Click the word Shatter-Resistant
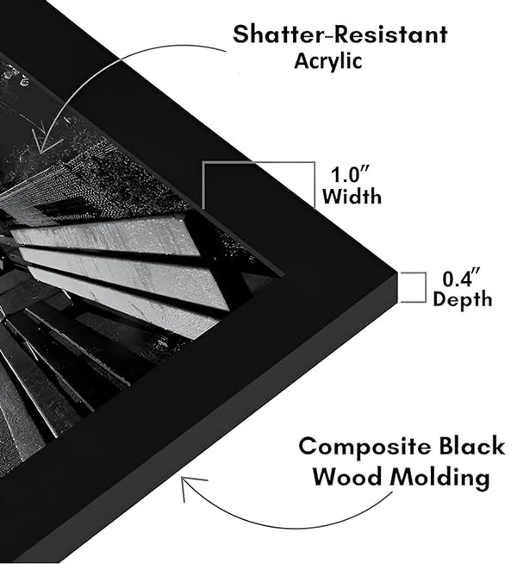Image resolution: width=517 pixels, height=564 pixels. tap(340, 35)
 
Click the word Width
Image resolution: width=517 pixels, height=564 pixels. tap(352, 197)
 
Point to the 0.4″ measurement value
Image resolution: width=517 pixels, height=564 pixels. tap(461, 279)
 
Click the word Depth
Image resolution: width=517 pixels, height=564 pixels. tap(463, 300)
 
